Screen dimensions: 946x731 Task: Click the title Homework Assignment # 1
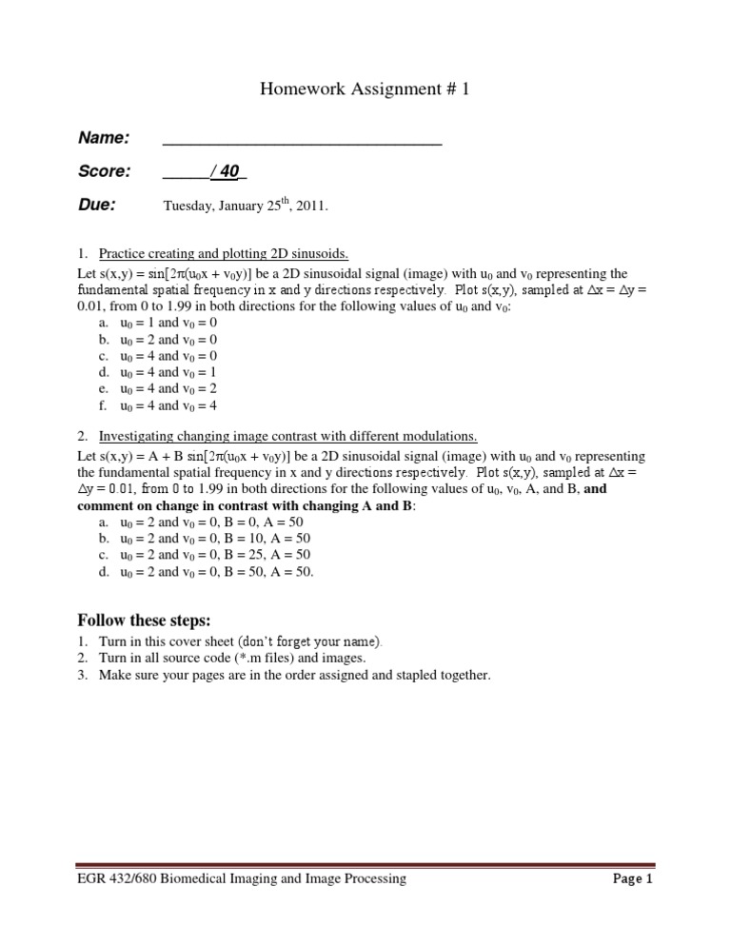pos(365,90)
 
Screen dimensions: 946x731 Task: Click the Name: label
pos(104,138)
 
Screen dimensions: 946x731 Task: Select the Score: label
pos(104,171)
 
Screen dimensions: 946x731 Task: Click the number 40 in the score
pos(229,171)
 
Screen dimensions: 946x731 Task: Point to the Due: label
pos(97,204)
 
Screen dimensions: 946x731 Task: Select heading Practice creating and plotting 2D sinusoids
pos(224,253)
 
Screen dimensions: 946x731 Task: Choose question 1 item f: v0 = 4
pos(199,405)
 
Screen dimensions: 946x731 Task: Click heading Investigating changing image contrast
pos(288,436)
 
